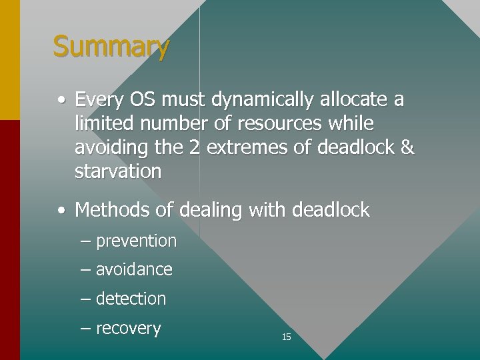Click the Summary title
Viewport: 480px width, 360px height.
tap(111, 47)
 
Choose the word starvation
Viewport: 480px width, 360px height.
tap(118, 172)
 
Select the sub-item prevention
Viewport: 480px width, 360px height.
tap(136, 241)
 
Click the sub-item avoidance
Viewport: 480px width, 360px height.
tap(134, 269)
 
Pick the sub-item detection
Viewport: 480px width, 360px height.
tap(131, 299)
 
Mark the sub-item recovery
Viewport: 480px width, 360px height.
tap(129, 329)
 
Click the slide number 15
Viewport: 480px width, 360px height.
tap(286, 337)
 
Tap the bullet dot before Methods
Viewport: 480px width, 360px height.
tap(61, 211)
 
